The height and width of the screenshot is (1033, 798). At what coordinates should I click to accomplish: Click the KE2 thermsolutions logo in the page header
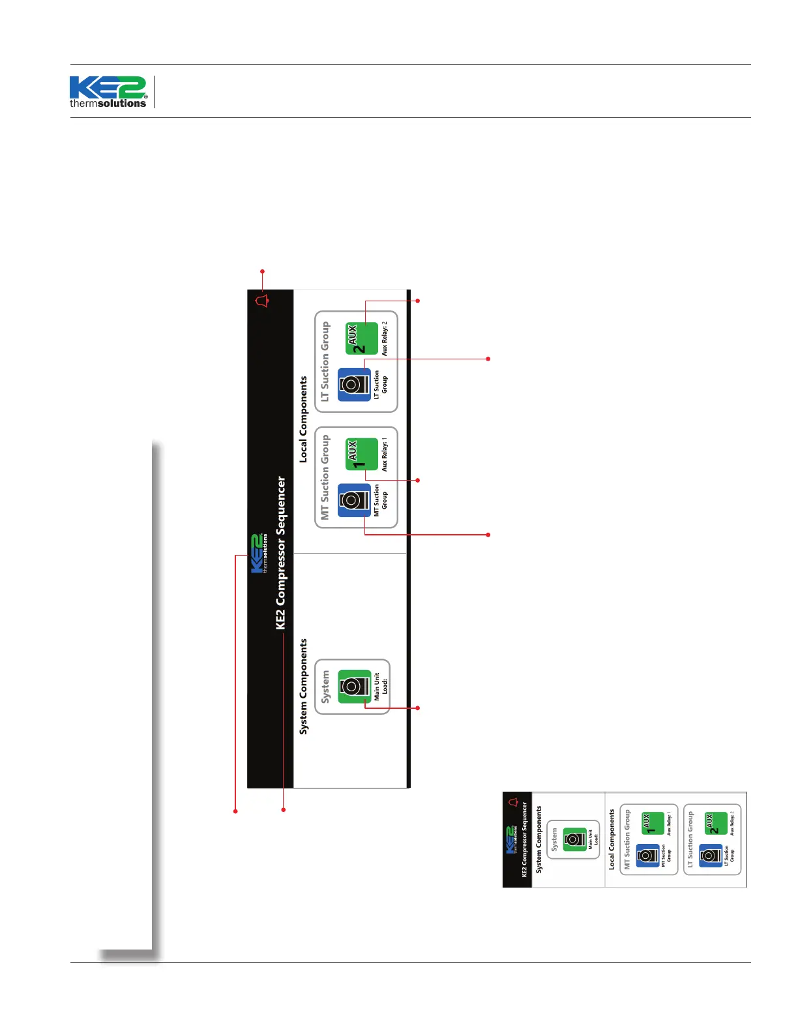(x=108, y=91)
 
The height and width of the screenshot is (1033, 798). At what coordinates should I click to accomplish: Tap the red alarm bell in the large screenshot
(x=262, y=301)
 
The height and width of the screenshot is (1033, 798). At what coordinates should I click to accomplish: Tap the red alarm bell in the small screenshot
(x=513, y=801)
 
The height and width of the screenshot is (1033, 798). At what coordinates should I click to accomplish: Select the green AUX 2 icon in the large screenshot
(x=362, y=339)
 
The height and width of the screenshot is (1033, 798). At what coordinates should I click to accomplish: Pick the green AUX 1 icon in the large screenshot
(x=362, y=454)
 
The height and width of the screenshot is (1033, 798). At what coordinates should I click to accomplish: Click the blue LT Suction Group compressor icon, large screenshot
(x=354, y=385)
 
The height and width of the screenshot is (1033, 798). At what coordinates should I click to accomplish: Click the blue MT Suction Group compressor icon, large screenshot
(x=354, y=500)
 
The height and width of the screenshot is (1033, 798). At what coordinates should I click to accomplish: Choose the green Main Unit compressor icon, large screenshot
(x=354, y=686)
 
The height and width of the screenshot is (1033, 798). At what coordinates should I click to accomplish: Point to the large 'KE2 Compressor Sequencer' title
(x=281, y=552)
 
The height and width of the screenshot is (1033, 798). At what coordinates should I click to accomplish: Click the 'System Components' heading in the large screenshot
(x=303, y=687)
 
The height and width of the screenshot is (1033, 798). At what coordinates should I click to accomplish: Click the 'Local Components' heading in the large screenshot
(x=303, y=419)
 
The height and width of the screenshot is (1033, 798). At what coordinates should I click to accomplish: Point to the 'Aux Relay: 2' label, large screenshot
(x=385, y=338)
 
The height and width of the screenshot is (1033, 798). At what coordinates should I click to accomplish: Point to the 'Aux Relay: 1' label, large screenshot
(x=385, y=454)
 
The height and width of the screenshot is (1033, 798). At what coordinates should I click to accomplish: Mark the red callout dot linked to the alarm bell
(x=263, y=271)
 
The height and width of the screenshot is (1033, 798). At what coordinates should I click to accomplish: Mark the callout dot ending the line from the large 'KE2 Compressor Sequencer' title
(x=284, y=810)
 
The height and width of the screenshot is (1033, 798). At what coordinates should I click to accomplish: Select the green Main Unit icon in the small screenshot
(x=574, y=839)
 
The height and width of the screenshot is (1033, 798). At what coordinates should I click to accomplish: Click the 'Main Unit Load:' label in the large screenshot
(x=381, y=687)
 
